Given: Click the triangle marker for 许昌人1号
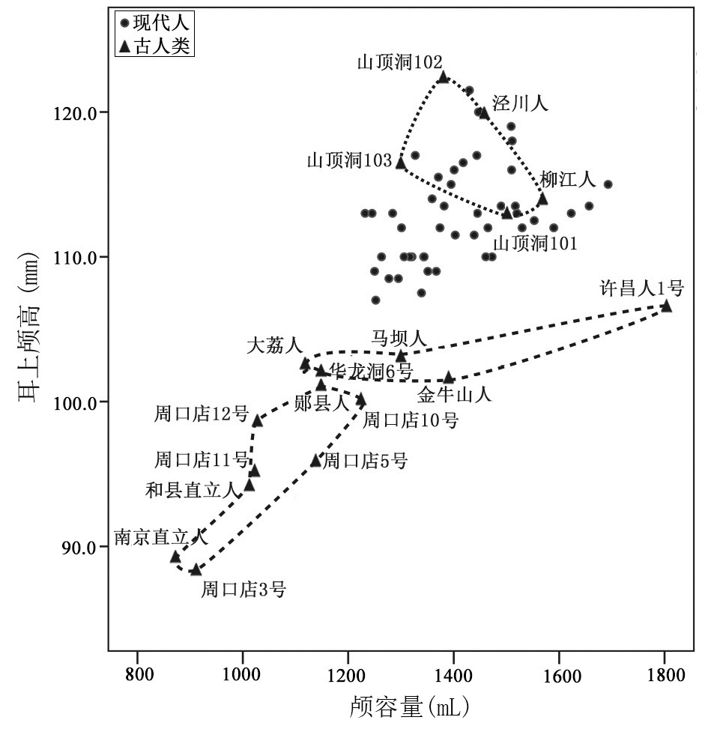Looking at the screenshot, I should (665, 306).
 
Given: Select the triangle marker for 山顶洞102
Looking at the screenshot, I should (443, 76).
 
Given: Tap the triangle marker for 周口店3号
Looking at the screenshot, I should (196, 569).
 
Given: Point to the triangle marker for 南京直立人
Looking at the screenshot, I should (175, 557).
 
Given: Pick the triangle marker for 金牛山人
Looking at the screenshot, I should (448, 377).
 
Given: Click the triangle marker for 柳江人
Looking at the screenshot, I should (542, 199).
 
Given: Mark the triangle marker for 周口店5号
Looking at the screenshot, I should (315, 460).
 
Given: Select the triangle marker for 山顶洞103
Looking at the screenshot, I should (401, 163).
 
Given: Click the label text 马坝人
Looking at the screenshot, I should (400, 339).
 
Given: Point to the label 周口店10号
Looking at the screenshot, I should (411, 420).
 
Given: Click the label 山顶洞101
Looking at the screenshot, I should (535, 243).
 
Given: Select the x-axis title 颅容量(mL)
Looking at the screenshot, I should (411, 707).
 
